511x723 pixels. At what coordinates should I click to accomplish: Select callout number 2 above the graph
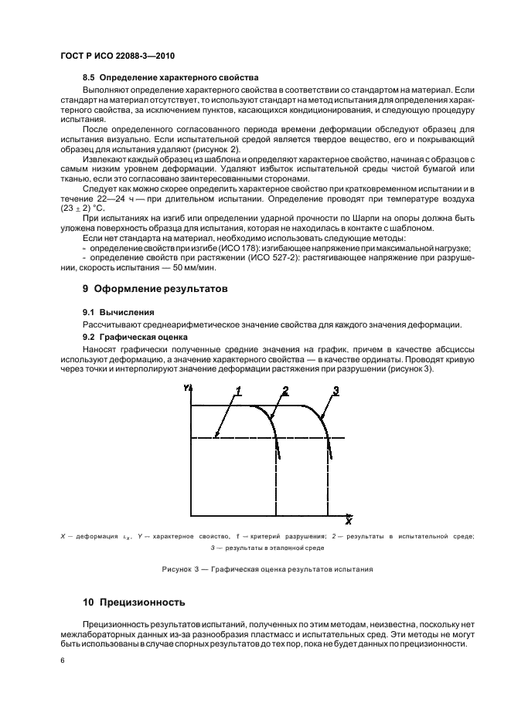tap(285, 390)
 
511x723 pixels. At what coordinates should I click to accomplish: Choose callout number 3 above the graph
tap(335, 390)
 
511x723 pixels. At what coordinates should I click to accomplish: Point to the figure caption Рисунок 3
tap(267, 569)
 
